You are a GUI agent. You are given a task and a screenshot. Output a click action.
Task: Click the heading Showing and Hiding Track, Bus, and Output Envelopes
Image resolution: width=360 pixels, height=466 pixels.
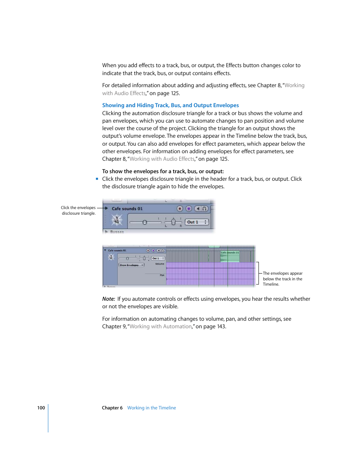170,105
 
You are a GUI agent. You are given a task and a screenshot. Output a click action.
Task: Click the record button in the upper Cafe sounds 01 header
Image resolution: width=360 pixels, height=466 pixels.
180,209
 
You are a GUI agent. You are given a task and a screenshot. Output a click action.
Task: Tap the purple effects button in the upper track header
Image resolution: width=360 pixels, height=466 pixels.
189,209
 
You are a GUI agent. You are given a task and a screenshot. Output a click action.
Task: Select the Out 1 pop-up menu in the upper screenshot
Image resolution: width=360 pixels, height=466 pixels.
197,222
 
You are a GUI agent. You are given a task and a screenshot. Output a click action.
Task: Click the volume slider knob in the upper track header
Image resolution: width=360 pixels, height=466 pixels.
145,222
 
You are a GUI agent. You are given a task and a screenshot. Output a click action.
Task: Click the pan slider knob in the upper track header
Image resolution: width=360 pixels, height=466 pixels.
173,222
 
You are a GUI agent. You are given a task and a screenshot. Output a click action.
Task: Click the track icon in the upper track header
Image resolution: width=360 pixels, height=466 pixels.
117,219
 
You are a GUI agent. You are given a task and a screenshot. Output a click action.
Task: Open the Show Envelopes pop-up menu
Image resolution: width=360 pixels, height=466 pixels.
131,265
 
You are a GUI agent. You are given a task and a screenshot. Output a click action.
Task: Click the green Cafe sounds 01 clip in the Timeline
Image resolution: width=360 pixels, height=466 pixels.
230,257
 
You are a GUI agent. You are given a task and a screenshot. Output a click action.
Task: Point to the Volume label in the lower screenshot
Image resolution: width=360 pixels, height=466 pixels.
160,264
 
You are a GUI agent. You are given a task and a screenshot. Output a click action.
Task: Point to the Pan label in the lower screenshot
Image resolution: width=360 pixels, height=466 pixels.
162,275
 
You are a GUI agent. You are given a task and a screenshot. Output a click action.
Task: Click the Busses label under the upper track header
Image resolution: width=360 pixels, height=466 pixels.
117,232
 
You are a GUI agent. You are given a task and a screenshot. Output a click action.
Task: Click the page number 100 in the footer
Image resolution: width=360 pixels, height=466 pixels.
41,408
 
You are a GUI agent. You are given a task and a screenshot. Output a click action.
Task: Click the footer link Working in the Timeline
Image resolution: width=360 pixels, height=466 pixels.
151,408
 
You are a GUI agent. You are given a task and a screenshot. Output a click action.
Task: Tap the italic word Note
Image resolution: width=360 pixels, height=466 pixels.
108,299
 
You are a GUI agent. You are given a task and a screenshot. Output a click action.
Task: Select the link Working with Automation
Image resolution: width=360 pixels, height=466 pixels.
160,326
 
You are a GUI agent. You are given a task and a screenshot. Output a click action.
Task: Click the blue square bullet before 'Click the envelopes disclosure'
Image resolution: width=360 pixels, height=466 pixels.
97,179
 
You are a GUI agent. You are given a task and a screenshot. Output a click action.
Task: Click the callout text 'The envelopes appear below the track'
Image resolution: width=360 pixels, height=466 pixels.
282,279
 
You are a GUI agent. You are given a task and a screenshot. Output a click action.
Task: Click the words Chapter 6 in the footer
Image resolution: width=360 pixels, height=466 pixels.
112,408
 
